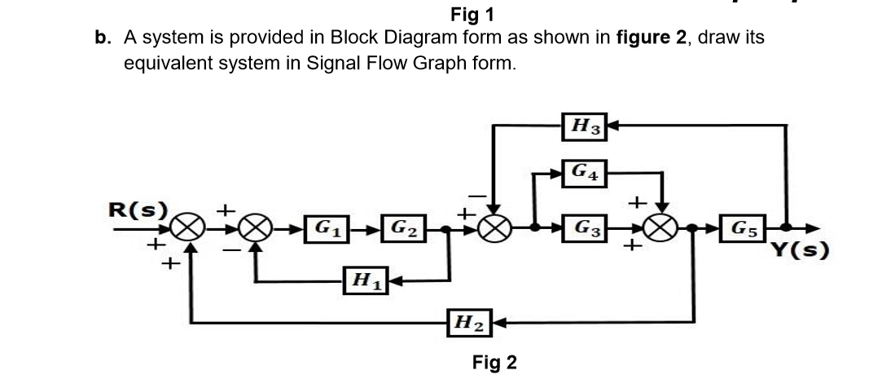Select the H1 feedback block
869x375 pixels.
click(x=359, y=282)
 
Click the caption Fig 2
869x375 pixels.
click(x=494, y=362)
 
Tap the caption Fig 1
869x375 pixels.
click(x=472, y=14)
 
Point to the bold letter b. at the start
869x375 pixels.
click(x=103, y=37)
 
